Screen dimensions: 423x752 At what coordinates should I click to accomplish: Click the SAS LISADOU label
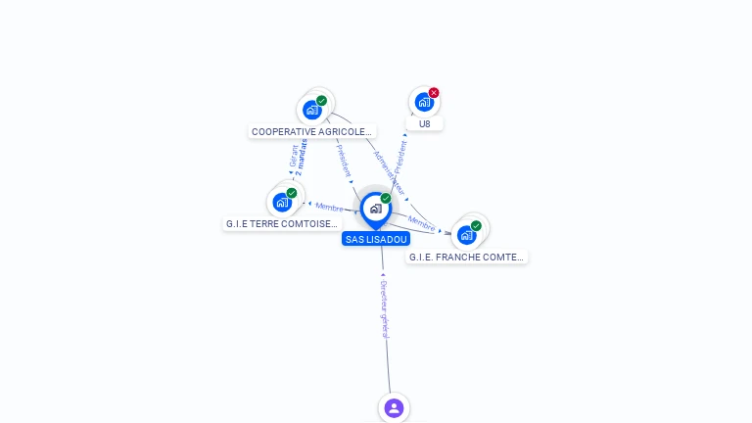point(376,239)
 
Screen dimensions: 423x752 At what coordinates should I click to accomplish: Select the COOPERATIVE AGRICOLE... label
point(311,131)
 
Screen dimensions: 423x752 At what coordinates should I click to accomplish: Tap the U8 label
point(424,124)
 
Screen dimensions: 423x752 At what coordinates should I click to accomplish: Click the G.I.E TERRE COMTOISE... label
point(281,223)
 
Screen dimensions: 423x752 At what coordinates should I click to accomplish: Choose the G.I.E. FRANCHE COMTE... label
point(466,257)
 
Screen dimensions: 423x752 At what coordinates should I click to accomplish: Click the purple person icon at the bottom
point(394,407)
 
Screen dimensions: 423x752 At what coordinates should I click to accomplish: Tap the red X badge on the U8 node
point(434,93)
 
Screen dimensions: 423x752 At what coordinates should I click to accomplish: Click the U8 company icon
point(423,102)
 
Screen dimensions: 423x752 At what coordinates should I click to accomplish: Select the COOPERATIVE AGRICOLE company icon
point(311,110)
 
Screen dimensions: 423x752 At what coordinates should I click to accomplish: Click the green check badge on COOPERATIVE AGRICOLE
point(321,100)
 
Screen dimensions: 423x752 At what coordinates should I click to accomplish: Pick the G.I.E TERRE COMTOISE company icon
point(282,203)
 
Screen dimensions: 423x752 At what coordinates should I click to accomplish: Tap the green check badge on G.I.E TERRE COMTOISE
point(292,193)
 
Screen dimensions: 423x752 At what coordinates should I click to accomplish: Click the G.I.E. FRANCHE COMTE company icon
point(466,235)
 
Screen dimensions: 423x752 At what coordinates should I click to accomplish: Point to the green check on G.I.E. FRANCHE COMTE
point(476,226)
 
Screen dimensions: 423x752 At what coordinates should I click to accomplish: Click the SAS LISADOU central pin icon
point(375,209)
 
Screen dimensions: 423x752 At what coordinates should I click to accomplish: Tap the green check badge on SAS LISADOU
point(386,198)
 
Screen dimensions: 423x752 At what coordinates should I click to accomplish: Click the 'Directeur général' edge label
point(385,309)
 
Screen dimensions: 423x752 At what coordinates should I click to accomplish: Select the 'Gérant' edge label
point(293,158)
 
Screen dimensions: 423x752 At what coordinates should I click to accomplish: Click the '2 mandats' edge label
point(302,157)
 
